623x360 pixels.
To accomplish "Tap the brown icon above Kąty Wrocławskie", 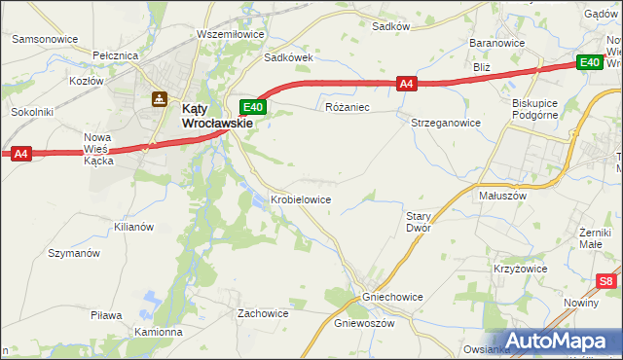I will (159, 98).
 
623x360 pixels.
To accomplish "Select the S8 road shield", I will (606, 282).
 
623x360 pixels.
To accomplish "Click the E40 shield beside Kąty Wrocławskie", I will (252, 106).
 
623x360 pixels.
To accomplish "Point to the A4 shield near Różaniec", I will (408, 85).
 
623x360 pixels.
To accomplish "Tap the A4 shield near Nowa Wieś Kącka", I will (21, 153).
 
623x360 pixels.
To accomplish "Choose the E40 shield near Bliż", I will (589, 63).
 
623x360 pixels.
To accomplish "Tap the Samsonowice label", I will (44, 40).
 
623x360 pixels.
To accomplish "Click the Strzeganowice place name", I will (446, 124).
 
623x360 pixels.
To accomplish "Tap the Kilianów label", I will (133, 227).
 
